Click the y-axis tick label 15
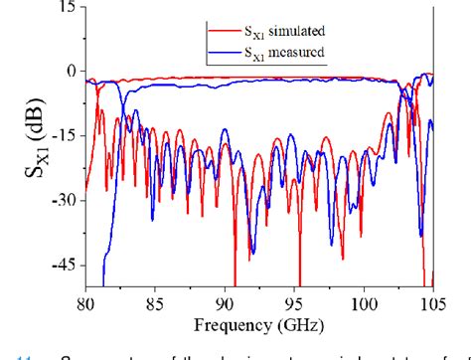(x=66, y=7)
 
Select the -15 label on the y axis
(x=62, y=135)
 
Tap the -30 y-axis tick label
(x=62, y=200)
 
